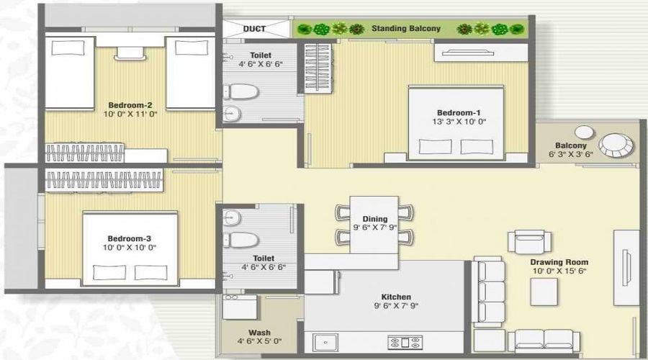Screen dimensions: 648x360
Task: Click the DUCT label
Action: tap(254, 29)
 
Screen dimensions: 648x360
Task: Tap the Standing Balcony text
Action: tap(406, 29)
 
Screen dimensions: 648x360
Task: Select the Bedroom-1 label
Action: tap(459, 112)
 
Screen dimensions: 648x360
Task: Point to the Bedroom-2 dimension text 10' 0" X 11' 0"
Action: tap(130, 114)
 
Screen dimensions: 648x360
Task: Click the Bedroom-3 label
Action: tap(130, 238)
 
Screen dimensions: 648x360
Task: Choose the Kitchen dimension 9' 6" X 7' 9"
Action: tap(396, 306)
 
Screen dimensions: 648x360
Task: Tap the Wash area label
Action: tap(259, 333)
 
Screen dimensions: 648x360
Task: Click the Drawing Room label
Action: tap(559, 262)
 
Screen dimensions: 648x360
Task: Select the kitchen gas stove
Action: tap(405, 343)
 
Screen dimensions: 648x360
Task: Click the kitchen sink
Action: tap(325, 343)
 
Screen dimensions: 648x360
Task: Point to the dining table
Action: tap(374, 225)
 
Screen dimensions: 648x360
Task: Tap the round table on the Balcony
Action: tap(616, 145)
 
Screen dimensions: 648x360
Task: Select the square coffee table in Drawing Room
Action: tap(544, 292)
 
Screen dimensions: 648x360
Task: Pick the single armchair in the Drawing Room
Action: tap(529, 241)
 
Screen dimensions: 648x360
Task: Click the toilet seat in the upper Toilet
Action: tap(241, 91)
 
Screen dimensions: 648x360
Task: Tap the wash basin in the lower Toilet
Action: tap(232, 218)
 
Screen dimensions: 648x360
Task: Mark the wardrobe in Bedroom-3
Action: tap(104, 180)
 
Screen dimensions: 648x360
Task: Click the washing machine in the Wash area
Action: tap(240, 307)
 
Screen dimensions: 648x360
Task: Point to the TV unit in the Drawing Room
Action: tap(626, 268)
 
